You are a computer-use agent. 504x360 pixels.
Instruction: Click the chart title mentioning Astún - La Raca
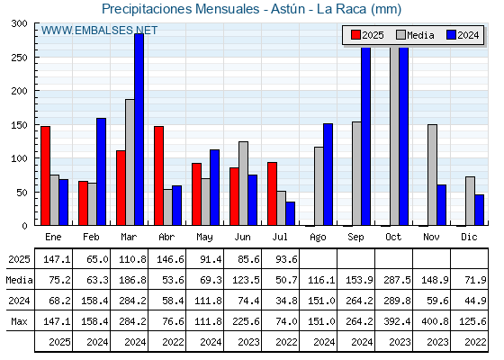click(252, 9)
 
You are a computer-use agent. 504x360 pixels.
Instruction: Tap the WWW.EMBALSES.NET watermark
click(99, 31)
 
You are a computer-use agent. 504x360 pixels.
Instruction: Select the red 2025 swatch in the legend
click(355, 35)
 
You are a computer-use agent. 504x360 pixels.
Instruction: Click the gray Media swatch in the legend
click(401, 35)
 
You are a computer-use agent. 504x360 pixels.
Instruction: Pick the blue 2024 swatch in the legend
click(451, 35)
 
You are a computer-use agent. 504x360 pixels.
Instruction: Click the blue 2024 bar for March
click(139, 130)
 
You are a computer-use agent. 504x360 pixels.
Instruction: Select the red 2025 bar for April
click(158, 175)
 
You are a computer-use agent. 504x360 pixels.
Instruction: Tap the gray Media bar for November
click(432, 175)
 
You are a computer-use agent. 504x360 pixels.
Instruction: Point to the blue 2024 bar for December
click(479, 210)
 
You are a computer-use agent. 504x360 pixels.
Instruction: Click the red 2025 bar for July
click(272, 193)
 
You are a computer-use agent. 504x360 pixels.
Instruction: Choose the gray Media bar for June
click(243, 184)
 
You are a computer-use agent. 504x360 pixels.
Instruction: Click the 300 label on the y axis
click(19, 23)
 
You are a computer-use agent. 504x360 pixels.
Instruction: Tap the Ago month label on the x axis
click(318, 238)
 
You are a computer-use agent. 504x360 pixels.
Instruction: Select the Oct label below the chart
click(393, 238)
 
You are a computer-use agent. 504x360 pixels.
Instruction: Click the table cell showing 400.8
click(435, 321)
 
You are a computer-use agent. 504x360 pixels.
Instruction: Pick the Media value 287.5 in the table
click(397, 280)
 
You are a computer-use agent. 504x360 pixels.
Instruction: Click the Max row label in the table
click(19, 321)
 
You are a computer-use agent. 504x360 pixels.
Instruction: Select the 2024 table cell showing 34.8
click(286, 301)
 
